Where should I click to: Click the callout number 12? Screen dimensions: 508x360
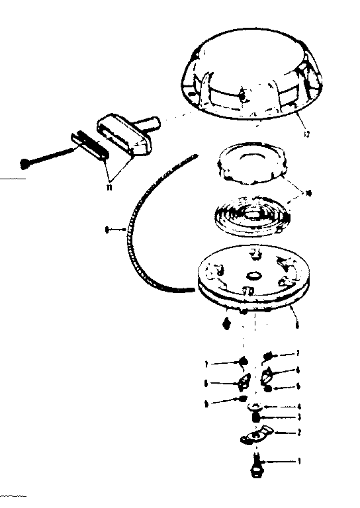304,136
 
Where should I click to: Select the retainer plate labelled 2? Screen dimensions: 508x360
254,437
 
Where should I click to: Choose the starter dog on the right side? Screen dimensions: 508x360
271,376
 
